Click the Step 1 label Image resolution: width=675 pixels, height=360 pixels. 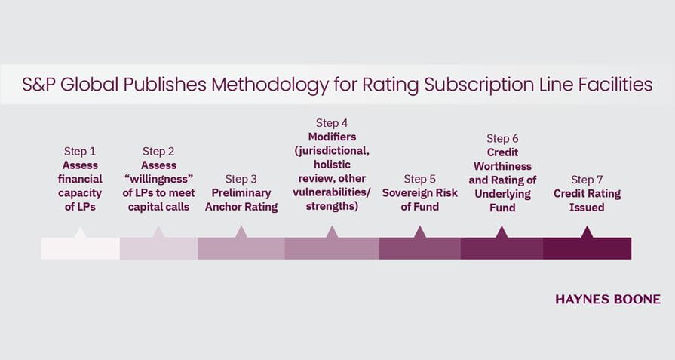click(x=80, y=152)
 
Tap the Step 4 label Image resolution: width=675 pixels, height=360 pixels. click(x=332, y=123)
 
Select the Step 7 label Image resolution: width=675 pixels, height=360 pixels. click(x=587, y=180)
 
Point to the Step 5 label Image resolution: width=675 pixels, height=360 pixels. click(x=420, y=180)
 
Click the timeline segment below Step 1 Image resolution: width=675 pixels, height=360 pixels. click(x=80, y=249)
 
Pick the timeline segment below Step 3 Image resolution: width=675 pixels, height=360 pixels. click(x=241, y=249)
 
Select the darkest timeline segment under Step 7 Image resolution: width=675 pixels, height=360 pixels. click(x=587, y=249)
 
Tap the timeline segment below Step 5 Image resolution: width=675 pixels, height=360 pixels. click(x=420, y=249)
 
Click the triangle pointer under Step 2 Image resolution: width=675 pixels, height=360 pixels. click(x=158, y=232)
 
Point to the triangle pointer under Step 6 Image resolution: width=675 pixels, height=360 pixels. click(x=502, y=232)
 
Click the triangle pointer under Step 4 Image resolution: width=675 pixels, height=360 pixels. click(x=332, y=232)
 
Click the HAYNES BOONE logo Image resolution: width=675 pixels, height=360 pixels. click(x=607, y=300)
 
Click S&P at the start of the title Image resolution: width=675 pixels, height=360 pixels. click(x=38, y=85)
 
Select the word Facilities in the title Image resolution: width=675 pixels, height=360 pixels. click(x=611, y=85)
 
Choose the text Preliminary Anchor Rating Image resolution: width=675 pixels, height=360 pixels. click(x=241, y=200)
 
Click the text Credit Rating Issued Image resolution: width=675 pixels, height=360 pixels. click(x=587, y=200)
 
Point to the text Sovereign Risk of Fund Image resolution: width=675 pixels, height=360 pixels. click(x=420, y=200)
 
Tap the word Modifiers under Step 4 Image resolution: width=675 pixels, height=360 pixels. click(x=332, y=137)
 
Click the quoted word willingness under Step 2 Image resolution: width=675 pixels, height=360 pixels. click(x=158, y=180)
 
